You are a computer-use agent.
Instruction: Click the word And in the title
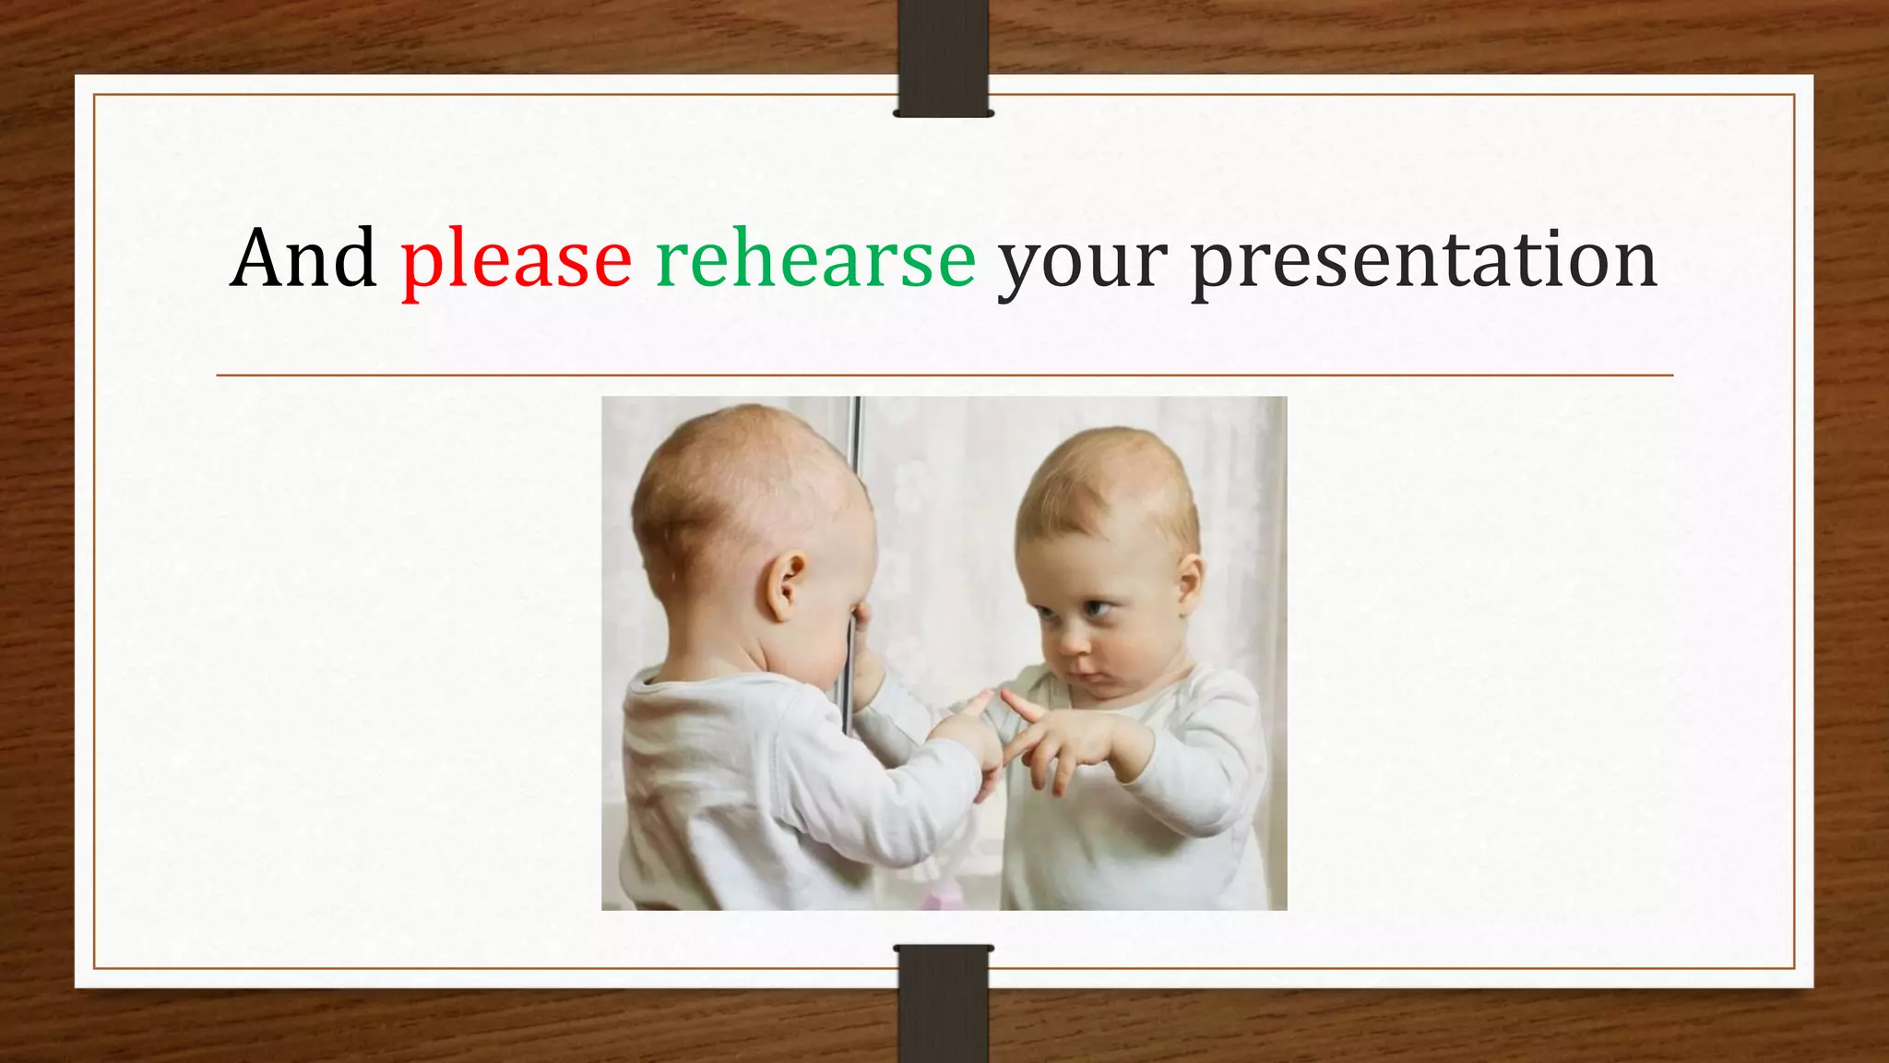(x=303, y=259)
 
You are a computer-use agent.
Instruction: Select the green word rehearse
(x=815, y=259)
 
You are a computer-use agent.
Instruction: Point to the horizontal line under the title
(x=944, y=376)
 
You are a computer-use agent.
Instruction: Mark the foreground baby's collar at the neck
(x=701, y=678)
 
